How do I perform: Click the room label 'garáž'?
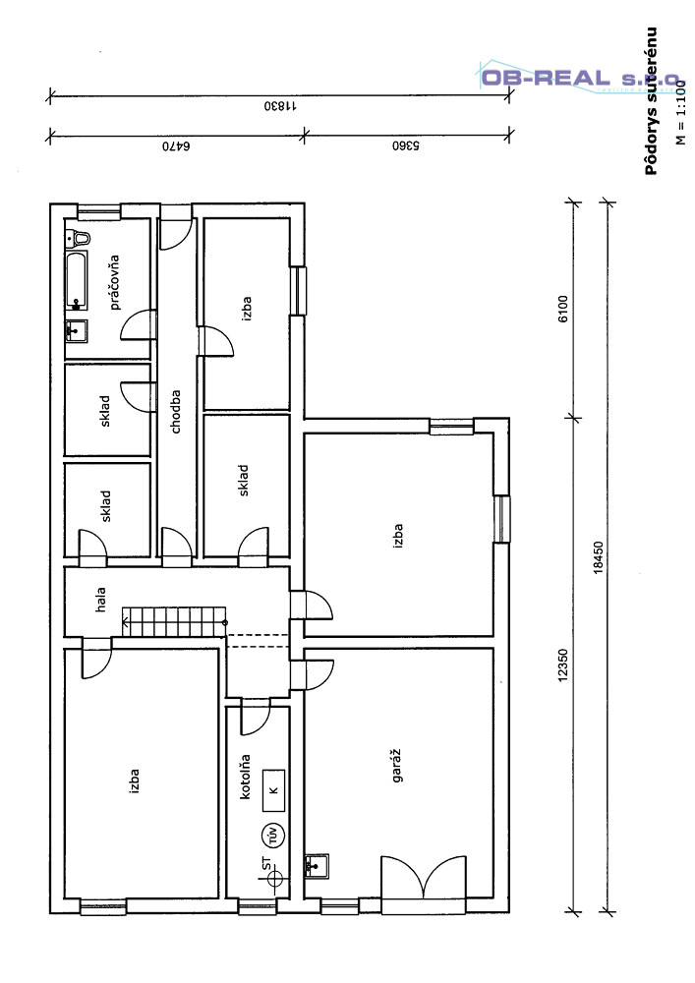tap(397, 766)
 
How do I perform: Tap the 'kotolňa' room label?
tap(245, 777)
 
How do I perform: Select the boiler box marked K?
tap(273, 790)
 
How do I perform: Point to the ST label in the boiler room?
tap(266, 864)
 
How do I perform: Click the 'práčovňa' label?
tap(114, 282)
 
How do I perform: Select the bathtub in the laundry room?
tap(77, 281)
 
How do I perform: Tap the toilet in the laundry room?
tap(79, 238)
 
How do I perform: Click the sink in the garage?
tap(318, 866)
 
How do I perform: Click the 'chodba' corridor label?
tap(176, 412)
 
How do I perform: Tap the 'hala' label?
tap(100, 600)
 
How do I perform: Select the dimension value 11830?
tap(279, 106)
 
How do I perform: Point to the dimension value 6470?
tap(176, 146)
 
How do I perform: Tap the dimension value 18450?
tap(599, 556)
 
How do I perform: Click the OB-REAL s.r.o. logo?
tap(580, 79)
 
